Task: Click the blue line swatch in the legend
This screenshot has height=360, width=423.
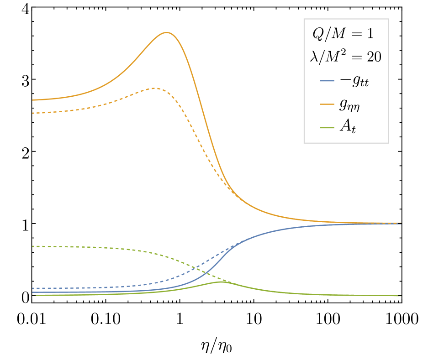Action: [327, 81]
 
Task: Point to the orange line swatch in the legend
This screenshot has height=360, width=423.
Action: [327, 104]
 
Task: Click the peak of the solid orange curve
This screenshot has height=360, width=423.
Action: [167, 32]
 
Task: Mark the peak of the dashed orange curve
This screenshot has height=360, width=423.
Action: [154, 88]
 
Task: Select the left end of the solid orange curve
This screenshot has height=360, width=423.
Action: [33, 100]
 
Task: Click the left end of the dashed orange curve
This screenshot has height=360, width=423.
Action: [33, 113]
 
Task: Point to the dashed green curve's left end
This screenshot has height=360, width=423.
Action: [33, 246]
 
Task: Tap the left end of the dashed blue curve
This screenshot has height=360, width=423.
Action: [33, 288]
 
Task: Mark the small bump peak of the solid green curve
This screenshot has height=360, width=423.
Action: [222, 282]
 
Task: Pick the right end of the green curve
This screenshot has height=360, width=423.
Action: [401, 296]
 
